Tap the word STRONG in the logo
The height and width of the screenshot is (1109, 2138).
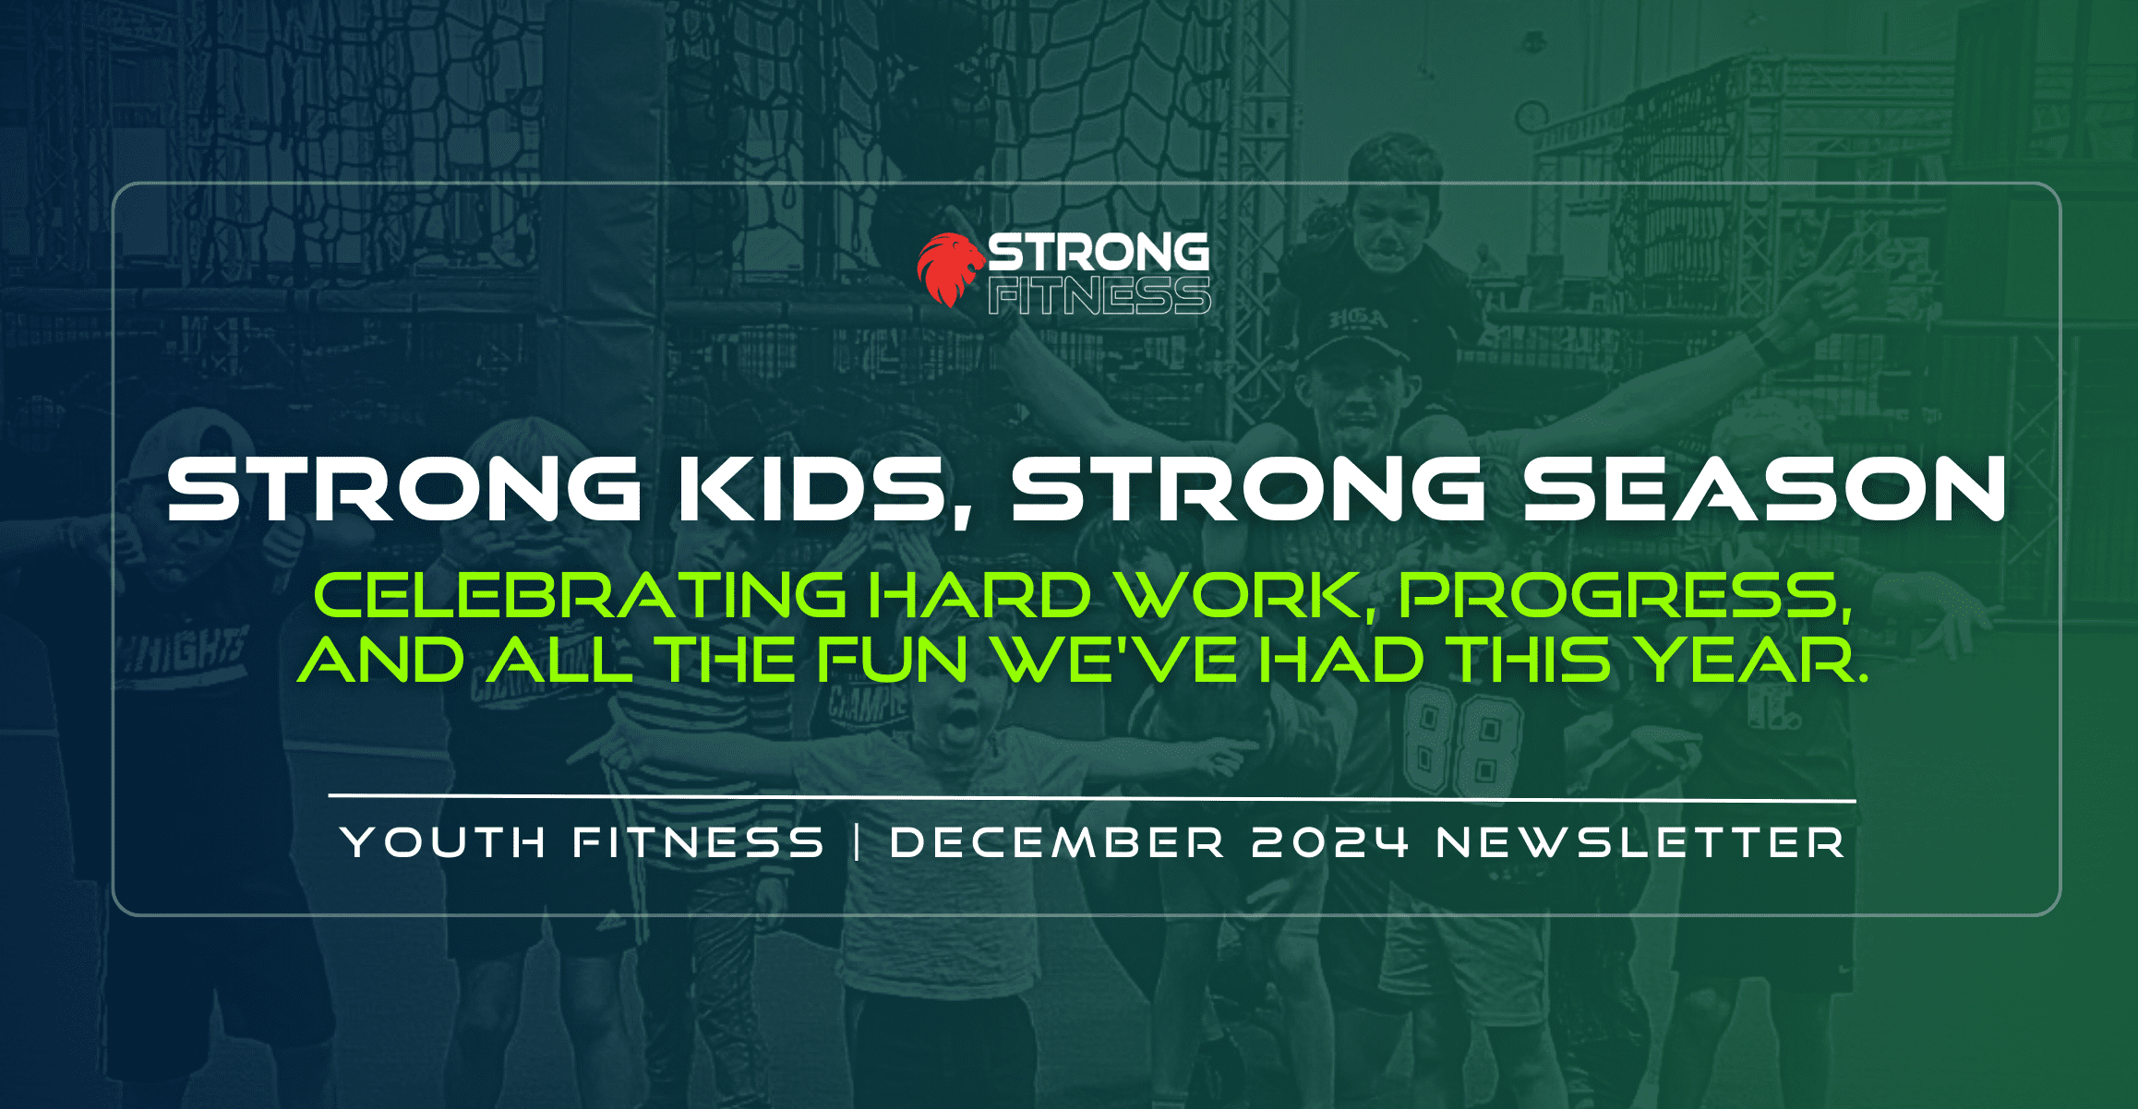(1099, 252)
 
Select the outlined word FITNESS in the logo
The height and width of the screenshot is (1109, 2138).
(1099, 295)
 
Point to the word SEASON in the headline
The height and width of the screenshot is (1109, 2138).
(1764, 488)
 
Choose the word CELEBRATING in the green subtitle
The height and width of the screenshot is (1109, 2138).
(580, 595)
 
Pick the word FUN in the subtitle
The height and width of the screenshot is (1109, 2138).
(892, 660)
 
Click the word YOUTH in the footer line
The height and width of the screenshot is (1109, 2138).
(443, 842)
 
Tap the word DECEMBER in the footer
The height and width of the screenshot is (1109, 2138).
(1057, 842)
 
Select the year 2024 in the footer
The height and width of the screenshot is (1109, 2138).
(1330, 842)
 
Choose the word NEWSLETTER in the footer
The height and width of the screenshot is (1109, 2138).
(1640, 842)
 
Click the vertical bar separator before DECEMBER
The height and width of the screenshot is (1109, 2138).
(859, 842)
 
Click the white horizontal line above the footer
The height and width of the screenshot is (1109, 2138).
(1092, 798)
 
